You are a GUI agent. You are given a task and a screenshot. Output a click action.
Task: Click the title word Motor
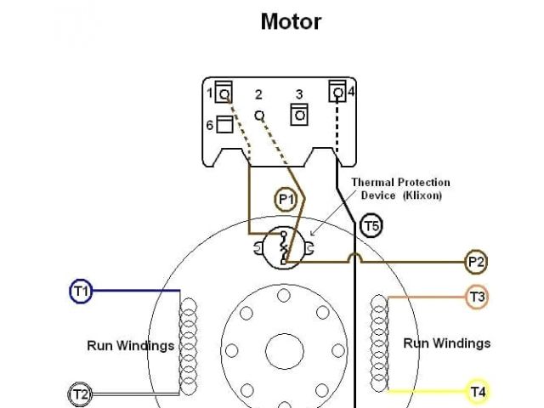coord(291,21)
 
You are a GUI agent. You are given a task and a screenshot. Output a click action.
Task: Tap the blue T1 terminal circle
coord(80,292)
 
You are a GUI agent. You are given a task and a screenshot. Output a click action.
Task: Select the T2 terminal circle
coord(79,394)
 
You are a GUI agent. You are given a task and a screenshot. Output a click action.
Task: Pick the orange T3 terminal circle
coord(478,297)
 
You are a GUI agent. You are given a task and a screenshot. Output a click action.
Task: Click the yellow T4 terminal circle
coord(478,392)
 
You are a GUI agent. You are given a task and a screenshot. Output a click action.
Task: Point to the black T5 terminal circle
coord(371,226)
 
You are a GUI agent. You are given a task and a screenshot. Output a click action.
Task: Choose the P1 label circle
coord(286,200)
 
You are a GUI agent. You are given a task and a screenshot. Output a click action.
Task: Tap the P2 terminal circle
coord(476,262)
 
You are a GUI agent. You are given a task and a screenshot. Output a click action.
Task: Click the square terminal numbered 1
coord(224,92)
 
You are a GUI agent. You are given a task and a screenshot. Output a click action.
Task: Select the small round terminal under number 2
coord(259,115)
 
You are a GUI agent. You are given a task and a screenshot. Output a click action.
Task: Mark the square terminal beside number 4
coord(337,91)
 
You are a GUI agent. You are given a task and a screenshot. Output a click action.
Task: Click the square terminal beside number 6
coord(224,125)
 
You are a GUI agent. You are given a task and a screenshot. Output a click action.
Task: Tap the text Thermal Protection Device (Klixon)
coord(400,189)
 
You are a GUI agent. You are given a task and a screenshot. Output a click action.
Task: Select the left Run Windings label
coord(130,346)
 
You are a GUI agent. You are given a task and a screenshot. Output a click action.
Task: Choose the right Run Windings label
coord(446,343)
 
